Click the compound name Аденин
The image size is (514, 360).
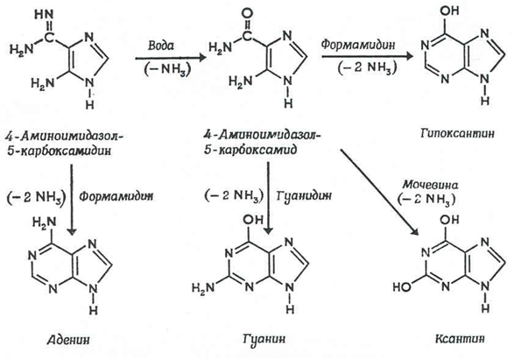(68, 340)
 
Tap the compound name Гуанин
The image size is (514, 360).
(264, 338)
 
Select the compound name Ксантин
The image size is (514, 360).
(460, 338)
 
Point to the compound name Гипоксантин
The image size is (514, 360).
(457, 133)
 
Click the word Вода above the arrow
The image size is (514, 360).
(160, 46)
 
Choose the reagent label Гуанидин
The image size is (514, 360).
(304, 195)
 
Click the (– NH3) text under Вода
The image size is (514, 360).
(167, 68)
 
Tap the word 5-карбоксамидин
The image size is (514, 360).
(60, 151)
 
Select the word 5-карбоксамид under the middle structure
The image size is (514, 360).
(250, 150)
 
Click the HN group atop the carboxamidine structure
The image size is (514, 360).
(44, 14)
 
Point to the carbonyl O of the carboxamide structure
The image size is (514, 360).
(247, 14)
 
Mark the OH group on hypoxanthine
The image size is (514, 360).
(449, 11)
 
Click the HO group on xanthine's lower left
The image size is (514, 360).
(402, 287)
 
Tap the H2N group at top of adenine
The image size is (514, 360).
(45, 222)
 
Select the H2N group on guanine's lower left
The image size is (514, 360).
(203, 288)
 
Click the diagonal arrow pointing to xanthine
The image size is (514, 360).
(379, 192)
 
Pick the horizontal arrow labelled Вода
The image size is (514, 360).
(171, 58)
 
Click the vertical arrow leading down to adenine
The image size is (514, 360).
(72, 200)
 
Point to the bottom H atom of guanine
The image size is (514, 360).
(290, 309)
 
